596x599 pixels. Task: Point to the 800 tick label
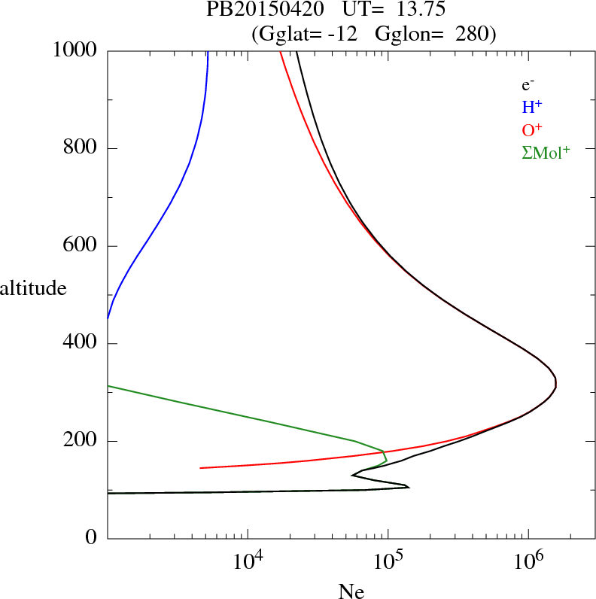pyautogui.click(x=81, y=148)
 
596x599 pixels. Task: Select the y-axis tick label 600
pyautogui.click(x=81, y=246)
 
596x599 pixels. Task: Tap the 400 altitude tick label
pyautogui.click(x=81, y=344)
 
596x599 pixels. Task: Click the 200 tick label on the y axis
pyautogui.click(x=81, y=441)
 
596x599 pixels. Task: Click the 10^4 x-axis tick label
pyautogui.click(x=248, y=560)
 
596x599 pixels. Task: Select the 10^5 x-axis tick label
pyautogui.click(x=388, y=560)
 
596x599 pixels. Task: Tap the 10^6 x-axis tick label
pyautogui.click(x=528, y=560)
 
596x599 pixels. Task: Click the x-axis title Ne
pyautogui.click(x=351, y=591)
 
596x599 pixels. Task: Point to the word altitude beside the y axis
pyautogui.click(x=33, y=287)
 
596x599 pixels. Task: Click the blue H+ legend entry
pyautogui.click(x=532, y=107)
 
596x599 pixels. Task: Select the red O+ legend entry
pyautogui.click(x=533, y=129)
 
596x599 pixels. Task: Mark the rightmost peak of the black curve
pyautogui.click(x=555, y=384)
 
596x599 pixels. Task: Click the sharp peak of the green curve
pyautogui.click(x=384, y=452)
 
